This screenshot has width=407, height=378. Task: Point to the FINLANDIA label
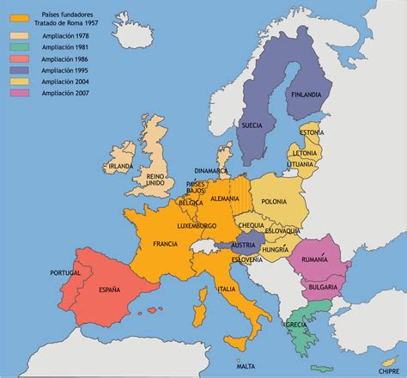coord(307,94)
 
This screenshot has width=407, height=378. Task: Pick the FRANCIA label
coord(165,243)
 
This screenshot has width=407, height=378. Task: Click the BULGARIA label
coord(321,285)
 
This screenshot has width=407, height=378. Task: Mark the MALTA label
coord(245,365)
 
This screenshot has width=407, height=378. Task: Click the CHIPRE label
coord(375,349)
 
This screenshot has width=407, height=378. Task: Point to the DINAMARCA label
coord(211,170)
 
